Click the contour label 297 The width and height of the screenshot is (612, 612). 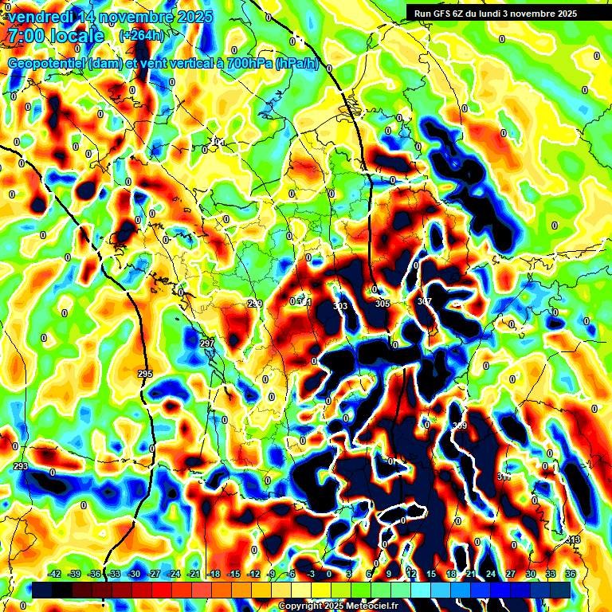[x=207, y=343]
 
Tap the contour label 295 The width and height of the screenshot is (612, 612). [x=145, y=374]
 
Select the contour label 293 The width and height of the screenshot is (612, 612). [x=22, y=466]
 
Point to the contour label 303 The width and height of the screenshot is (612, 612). [x=340, y=306]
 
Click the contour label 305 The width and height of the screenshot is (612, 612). [x=382, y=304]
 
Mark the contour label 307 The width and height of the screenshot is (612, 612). [x=424, y=301]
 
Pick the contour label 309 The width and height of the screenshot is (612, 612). [x=460, y=427]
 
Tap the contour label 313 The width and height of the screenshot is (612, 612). [x=572, y=540]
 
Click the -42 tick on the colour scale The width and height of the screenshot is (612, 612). [x=55, y=574]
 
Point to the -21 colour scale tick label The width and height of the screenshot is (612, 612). [x=194, y=574]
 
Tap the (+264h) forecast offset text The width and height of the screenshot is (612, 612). [x=141, y=35]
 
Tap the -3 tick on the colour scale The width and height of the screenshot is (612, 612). [x=312, y=574]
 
